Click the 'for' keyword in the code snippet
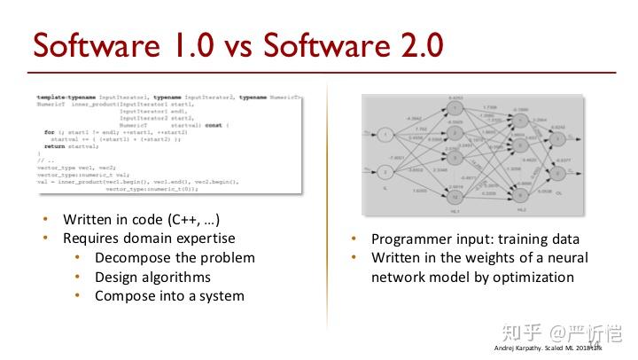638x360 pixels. (49, 131)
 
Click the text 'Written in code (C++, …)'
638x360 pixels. (141, 219)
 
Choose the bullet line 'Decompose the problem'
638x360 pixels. (175, 257)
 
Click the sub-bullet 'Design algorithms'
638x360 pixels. (152, 277)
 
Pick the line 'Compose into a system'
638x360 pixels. (169, 295)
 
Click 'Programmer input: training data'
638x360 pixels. (475, 239)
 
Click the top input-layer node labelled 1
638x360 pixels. (387, 135)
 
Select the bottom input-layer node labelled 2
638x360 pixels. (387, 170)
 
